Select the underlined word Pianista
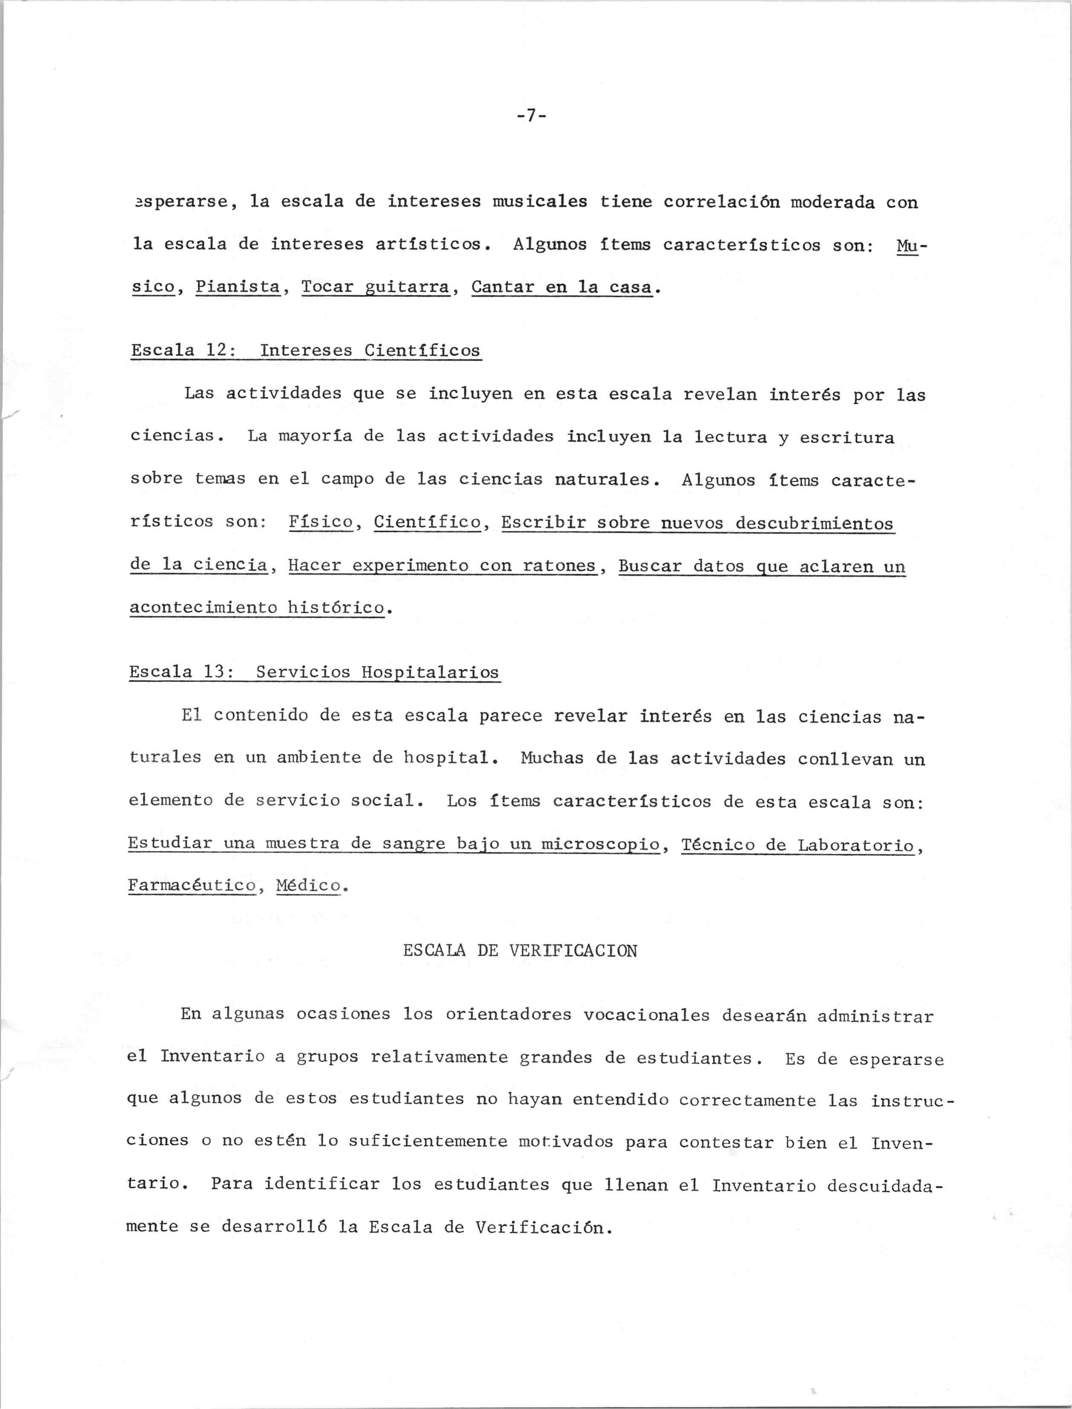pos(238,287)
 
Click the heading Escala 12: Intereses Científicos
pos(306,351)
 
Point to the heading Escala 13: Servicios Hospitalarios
pos(314,672)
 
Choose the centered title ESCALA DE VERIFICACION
pos(520,950)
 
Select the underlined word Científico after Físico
pos(428,522)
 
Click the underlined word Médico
pos(308,885)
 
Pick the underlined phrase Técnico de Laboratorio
pos(798,845)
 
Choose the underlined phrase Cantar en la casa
pos(562,287)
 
